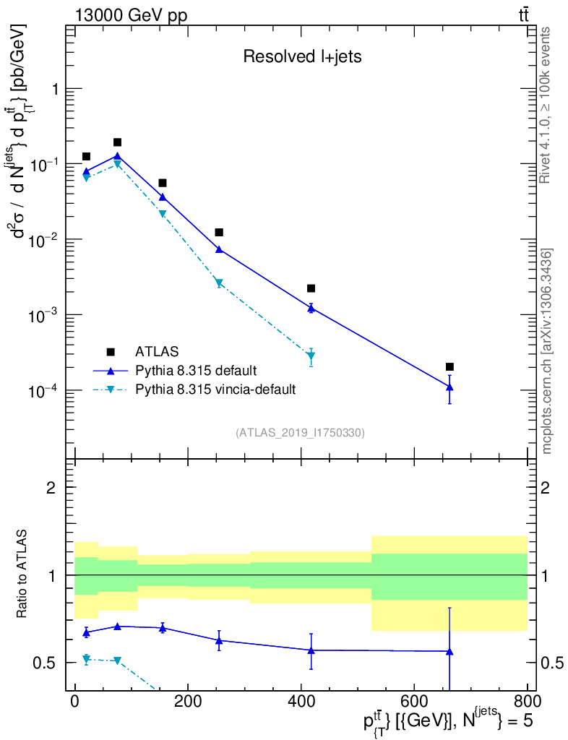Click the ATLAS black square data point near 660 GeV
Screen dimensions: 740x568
[x=449, y=367]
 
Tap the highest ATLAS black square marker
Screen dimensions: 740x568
[x=117, y=142]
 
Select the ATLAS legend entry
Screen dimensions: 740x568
[x=156, y=352]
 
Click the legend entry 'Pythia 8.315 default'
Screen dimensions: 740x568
[x=196, y=371]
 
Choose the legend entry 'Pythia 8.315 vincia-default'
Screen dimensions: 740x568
[x=215, y=390]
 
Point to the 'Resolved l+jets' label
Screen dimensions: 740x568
[x=301, y=58]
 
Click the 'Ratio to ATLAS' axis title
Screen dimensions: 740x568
[x=25, y=575]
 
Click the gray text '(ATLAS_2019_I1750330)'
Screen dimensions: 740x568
[x=300, y=433]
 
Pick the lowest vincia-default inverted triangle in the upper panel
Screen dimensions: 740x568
[x=311, y=356]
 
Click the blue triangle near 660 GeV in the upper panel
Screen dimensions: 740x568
[x=449, y=387]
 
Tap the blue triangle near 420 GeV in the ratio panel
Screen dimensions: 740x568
[x=311, y=650]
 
